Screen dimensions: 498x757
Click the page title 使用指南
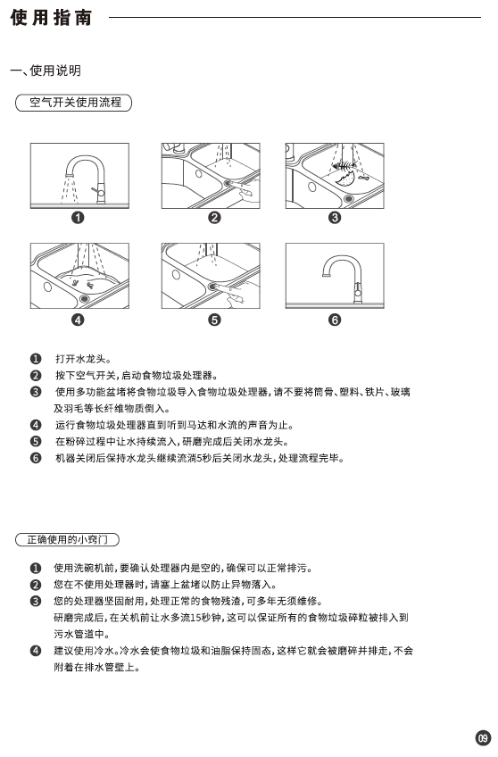coord(51,18)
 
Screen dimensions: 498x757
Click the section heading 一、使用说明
coord(46,71)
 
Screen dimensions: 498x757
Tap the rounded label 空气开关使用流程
coord(74,103)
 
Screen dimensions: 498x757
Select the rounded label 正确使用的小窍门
coord(67,539)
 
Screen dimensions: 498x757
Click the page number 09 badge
coord(483,738)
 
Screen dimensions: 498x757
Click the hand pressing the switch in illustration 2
coord(247,195)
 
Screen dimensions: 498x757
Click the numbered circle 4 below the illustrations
coord(78,320)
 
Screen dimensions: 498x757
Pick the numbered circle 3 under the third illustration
coord(335,218)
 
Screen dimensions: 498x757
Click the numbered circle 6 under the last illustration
coord(335,320)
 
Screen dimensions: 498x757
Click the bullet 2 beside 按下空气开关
coord(36,376)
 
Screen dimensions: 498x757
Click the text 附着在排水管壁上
coord(96,667)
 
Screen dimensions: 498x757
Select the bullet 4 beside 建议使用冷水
coord(36,651)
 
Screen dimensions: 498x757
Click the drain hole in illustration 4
coord(86,298)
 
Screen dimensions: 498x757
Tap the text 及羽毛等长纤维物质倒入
coord(112,409)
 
